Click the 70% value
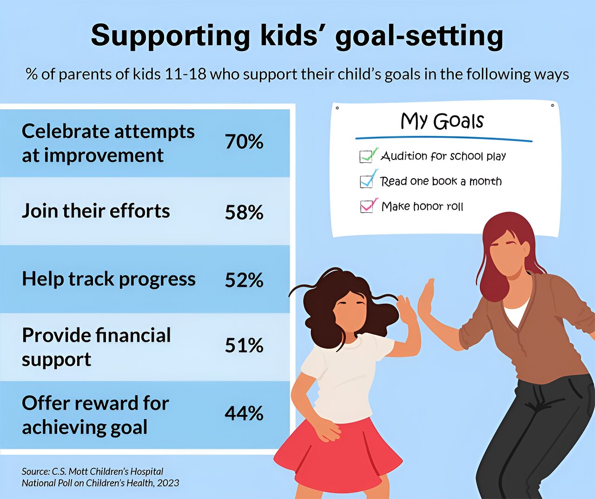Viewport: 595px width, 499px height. pos(244,142)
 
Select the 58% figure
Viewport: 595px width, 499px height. pos(244,213)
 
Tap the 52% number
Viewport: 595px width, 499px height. pos(244,280)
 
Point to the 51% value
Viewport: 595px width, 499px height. pos(244,346)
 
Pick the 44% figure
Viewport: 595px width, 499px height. pos(244,413)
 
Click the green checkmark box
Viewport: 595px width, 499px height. pos(368,156)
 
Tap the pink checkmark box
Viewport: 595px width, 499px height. pos(368,206)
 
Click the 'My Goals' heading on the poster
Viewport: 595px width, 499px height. pos(442,121)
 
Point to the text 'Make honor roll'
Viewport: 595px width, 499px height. pos(423,206)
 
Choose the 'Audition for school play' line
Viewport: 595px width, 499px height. pos(443,156)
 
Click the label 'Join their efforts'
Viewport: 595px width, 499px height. pos(96,211)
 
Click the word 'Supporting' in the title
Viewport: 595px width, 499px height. pos(171,36)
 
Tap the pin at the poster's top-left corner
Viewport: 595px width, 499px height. pos(337,108)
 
